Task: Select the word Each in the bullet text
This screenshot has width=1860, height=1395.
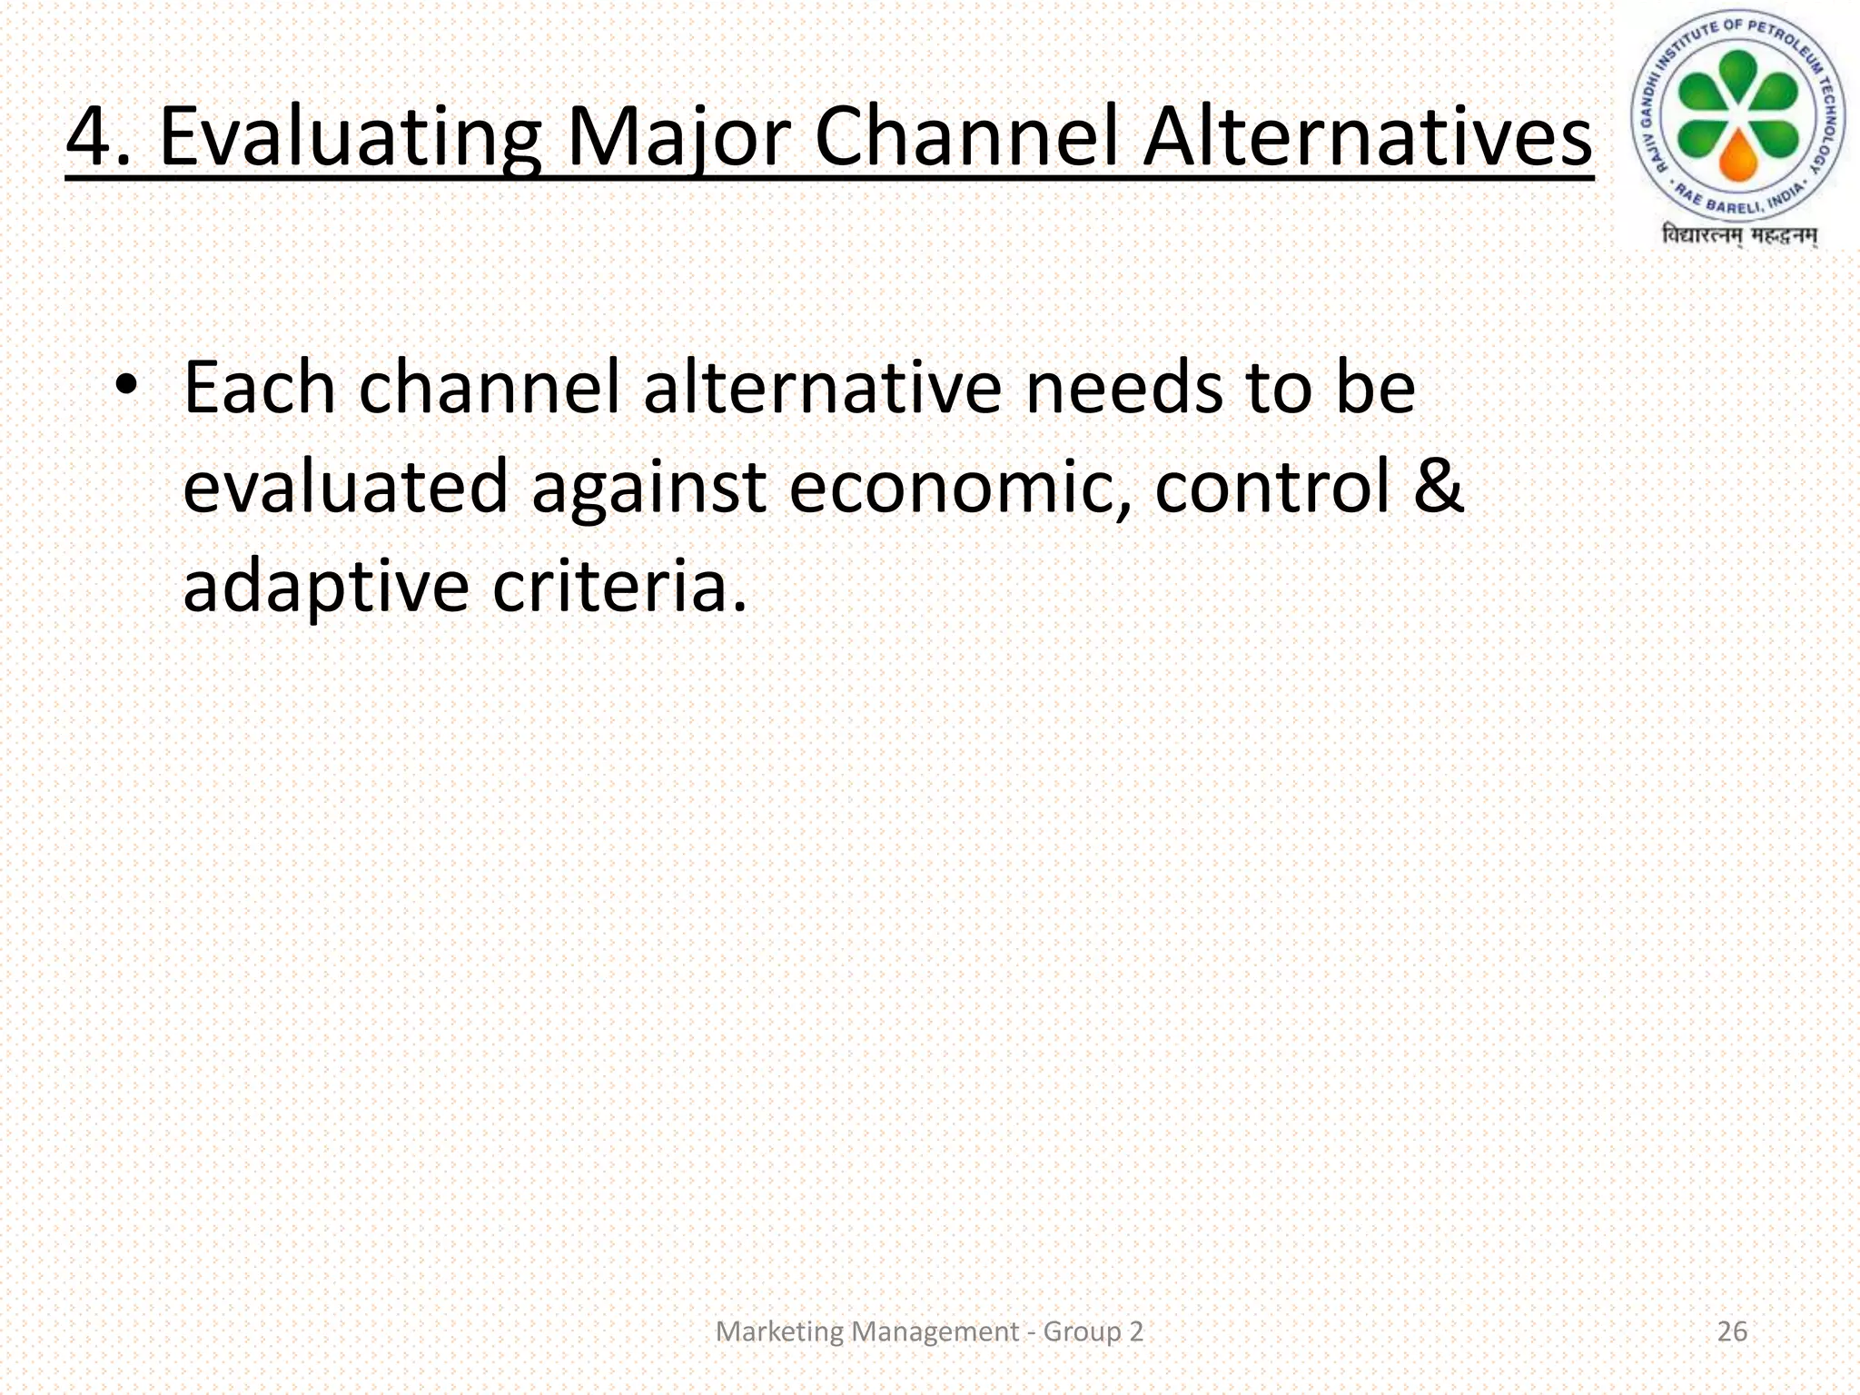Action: [260, 388]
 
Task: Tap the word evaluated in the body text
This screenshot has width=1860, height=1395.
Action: [345, 487]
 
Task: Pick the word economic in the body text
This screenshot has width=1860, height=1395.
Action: [961, 487]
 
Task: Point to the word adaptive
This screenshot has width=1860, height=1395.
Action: [326, 588]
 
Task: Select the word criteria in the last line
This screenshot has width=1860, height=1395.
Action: [618, 586]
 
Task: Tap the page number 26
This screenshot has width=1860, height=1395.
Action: [1732, 1331]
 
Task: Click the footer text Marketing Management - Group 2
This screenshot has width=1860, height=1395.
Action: [929, 1331]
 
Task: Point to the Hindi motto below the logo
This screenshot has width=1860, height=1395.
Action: [1738, 235]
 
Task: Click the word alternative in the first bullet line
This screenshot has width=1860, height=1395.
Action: [822, 388]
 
